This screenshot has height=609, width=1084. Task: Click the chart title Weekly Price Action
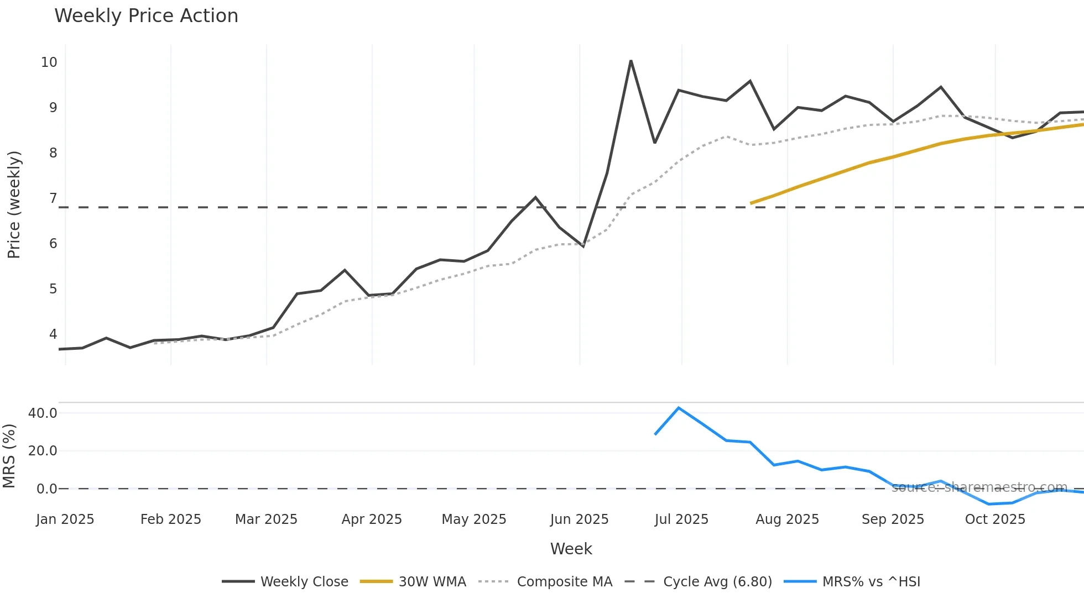point(146,16)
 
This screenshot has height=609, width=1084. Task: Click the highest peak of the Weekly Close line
point(630,61)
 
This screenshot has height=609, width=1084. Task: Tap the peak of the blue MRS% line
point(679,408)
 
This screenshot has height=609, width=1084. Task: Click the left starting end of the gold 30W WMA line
point(751,203)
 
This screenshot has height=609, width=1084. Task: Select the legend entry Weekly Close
point(285,582)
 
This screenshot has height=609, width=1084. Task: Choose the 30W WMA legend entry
point(413,582)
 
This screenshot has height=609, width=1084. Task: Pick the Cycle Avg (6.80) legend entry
point(698,582)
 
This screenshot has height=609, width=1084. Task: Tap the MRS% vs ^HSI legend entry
point(852,582)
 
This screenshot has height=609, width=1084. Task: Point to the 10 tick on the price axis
point(49,62)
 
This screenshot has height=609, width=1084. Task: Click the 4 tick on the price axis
point(53,334)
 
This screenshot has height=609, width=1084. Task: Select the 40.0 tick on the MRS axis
point(43,413)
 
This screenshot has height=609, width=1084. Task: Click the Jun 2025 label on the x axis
point(579,519)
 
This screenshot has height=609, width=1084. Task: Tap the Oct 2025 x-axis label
point(995,519)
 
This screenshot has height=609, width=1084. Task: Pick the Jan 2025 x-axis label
point(65,519)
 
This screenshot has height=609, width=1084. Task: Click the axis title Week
point(571,549)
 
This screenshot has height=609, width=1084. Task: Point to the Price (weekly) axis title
point(14,204)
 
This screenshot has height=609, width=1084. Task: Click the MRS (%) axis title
point(9,456)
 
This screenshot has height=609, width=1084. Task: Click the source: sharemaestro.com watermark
point(979,487)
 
